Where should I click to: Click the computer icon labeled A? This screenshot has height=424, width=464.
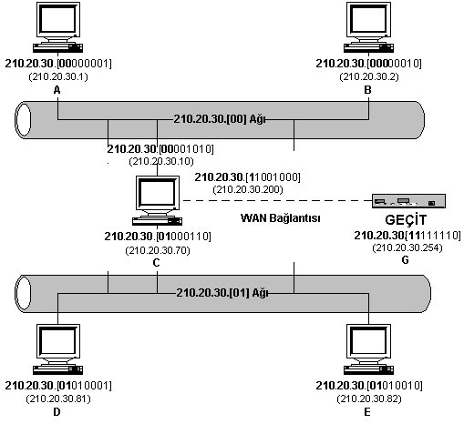tap(57, 27)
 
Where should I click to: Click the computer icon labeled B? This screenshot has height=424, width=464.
tap(368, 27)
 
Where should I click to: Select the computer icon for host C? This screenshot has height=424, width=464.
tap(157, 200)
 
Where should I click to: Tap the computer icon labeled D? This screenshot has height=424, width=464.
tap(57, 349)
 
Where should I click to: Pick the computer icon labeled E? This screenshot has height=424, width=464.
tap(368, 349)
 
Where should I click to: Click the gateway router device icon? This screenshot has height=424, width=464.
tap(408, 201)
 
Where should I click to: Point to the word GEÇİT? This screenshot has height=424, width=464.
tap(406, 219)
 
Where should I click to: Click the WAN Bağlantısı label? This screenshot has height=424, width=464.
tap(281, 218)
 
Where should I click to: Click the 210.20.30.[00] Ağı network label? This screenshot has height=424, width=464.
tap(220, 119)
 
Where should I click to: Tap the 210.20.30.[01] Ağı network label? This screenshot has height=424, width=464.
tap(222, 293)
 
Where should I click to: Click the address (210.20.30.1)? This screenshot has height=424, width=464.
tap(58, 76)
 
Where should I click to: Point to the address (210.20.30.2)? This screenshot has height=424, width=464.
tap(369, 76)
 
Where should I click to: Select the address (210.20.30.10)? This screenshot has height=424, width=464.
tap(161, 161)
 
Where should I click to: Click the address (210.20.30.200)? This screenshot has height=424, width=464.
tap(248, 189)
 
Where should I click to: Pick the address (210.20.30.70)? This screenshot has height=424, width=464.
tap(158, 250)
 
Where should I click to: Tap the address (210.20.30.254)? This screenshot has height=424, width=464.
tap(407, 247)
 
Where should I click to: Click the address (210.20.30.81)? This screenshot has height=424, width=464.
tap(58, 399)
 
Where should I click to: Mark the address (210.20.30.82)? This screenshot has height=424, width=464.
tap(369, 399)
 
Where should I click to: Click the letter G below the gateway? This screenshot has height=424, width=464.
tap(405, 260)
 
